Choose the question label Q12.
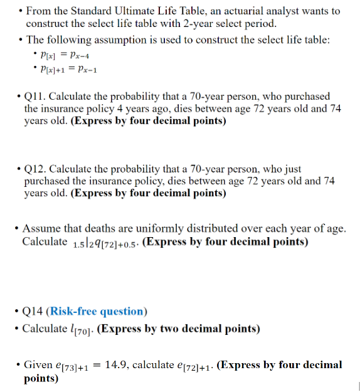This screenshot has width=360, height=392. tap(34, 169)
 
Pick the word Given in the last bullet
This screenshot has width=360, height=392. tap(38, 364)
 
